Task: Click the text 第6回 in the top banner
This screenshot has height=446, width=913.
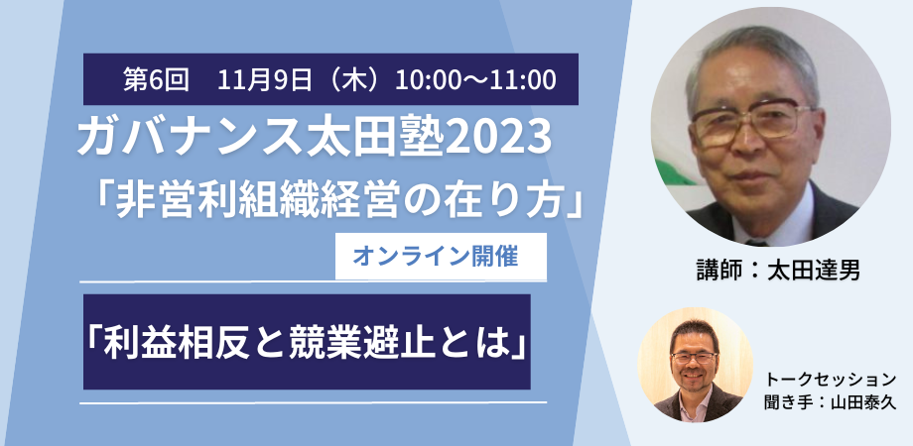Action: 156,79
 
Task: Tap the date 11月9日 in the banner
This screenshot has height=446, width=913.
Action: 265,79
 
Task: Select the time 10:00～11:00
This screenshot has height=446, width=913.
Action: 475,79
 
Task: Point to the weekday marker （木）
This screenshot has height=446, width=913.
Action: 354,79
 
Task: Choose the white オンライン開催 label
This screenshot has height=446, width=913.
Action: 441,257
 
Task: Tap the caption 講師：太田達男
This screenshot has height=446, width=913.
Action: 778,271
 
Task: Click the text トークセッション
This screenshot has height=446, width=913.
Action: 831,380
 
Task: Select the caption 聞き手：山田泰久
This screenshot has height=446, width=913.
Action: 831,402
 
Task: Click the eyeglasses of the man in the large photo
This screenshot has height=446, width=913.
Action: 751,121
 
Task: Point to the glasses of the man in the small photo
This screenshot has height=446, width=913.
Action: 694,358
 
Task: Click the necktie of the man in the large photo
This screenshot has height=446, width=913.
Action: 756,241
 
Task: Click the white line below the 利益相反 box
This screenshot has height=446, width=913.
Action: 313,401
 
